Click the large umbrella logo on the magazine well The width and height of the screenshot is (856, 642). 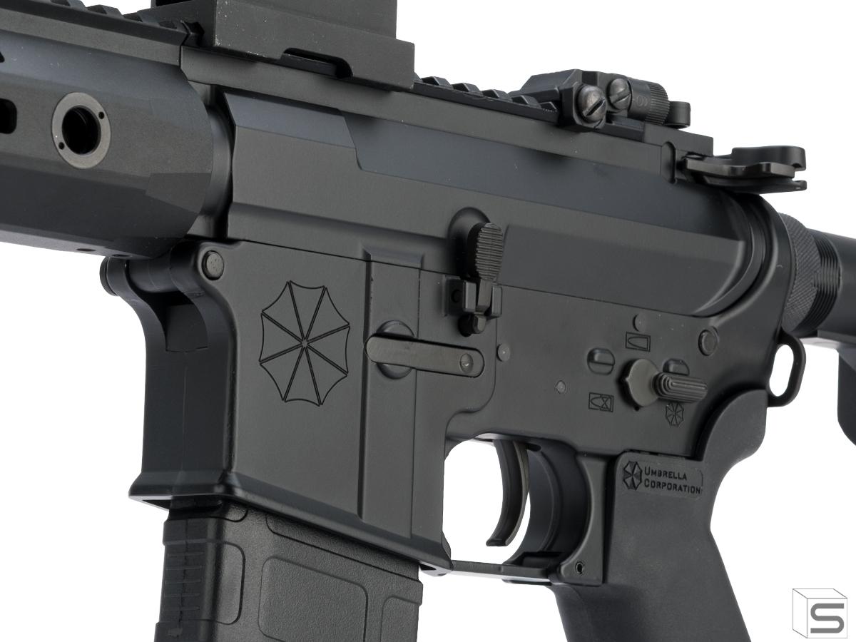pyautogui.click(x=304, y=343)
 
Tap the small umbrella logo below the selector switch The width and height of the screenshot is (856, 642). pyautogui.click(x=675, y=414)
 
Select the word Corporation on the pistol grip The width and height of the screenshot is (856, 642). pyautogui.click(x=671, y=486)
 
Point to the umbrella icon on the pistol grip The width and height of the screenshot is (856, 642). pyautogui.click(x=632, y=476)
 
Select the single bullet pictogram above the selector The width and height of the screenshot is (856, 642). pyautogui.click(x=638, y=342)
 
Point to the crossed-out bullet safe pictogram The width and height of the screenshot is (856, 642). pyautogui.click(x=601, y=402)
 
